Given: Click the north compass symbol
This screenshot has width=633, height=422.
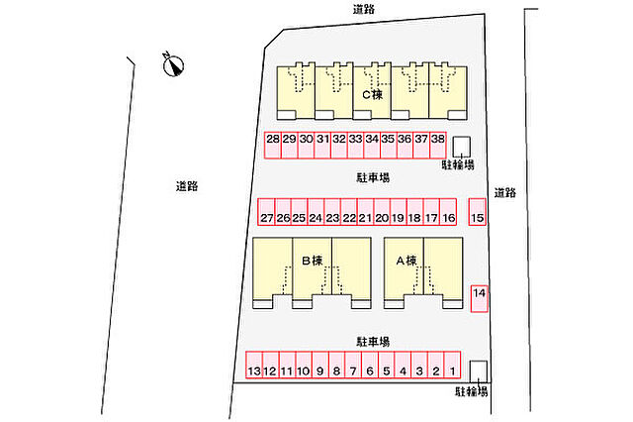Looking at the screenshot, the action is pos(174,65).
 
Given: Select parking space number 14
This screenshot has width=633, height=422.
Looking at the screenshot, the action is pos(479,299).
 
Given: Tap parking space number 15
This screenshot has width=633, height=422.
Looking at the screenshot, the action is pos(477,211).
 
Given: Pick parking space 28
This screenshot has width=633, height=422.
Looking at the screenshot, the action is pos(273,145).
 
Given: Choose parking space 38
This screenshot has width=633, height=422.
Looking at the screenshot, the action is pos(438,145).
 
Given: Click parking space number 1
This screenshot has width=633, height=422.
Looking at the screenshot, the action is pos(452,365).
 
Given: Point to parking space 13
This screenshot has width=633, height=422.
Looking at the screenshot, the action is pos(254,365).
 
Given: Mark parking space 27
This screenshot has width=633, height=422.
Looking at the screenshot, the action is pos(266,211).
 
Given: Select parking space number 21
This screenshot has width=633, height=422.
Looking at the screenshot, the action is pos(365,211).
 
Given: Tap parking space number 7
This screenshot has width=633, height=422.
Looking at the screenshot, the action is pos(353,365).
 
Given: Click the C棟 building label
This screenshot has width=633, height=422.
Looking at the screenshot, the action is pos(372,95).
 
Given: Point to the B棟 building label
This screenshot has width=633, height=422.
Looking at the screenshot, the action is pos(313,261).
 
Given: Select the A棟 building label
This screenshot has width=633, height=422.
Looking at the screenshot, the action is pos(407,261).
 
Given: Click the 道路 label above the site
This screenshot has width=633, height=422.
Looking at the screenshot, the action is pos(364,9).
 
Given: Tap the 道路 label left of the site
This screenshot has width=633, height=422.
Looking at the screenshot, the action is pos(187,186).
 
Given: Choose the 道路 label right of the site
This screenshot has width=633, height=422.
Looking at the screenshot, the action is pos(505,193).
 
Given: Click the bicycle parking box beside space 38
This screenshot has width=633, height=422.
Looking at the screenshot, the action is pos(461,147).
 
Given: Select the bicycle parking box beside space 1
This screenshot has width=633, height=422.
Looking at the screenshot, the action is pos(479,371).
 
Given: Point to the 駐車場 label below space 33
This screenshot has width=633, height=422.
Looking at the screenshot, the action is pos(373,177).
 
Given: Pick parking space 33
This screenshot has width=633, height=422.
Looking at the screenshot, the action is pos(355,145).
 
